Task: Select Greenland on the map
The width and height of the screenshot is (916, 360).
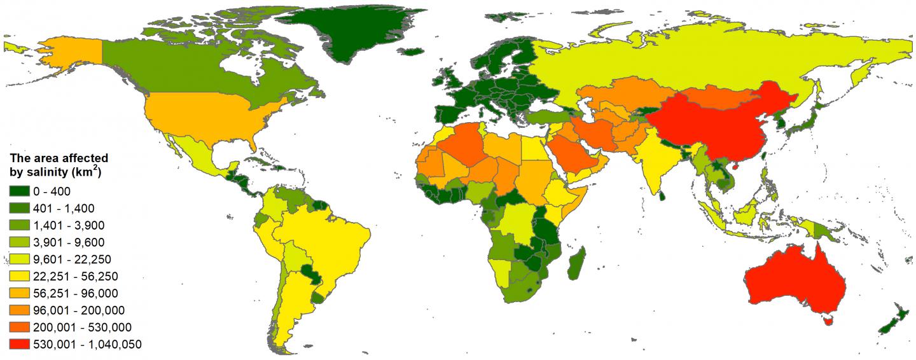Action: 356,32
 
